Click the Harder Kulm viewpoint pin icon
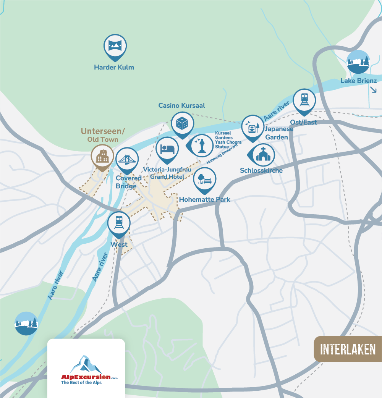tap(115, 46)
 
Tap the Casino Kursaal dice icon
tap(182, 123)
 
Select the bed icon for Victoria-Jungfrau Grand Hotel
tap(167, 148)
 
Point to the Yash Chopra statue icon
tap(201, 146)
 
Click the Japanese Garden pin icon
tap(253, 127)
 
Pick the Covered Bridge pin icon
tap(127, 159)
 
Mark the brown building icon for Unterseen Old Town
tap(102, 156)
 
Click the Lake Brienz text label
tap(358, 81)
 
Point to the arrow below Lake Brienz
tap(373, 90)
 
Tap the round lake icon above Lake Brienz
tap(358, 62)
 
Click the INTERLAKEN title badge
tap(348, 349)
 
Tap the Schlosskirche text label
tap(261, 170)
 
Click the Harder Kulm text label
tap(114, 68)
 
